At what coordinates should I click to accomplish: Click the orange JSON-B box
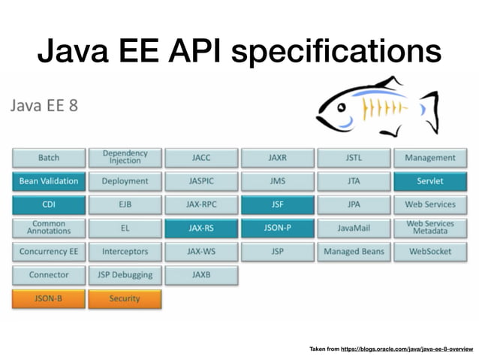(49, 298)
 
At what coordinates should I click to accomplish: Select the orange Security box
(125, 298)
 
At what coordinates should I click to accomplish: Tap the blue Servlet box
(429, 181)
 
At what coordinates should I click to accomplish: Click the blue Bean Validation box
(49, 181)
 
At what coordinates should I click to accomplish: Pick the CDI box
(49, 204)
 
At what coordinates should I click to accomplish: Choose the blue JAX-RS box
(201, 228)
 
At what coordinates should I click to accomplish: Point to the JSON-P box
(277, 228)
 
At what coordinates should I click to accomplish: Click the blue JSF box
(277, 204)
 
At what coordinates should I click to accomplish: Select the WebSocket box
(429, 251)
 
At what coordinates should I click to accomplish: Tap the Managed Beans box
(354, 251)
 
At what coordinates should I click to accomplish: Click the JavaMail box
(354, 228)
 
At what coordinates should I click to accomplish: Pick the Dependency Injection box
(125, 157)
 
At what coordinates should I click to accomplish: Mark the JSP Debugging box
(125, 274)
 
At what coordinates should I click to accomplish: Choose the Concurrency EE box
(49, 251)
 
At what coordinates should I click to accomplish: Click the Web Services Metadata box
(429, 228)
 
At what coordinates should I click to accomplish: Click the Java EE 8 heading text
(44, 104)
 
